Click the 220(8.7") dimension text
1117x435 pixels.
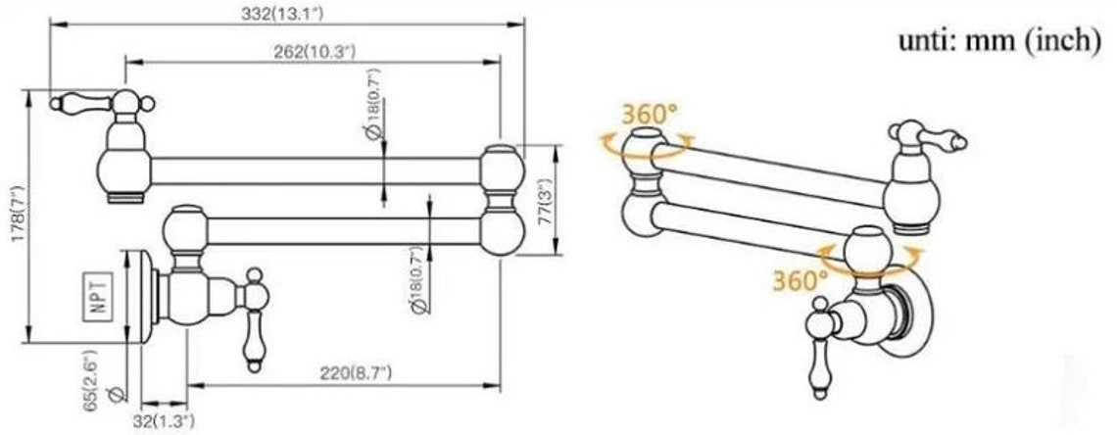pyautogui.click(x=356, y=373)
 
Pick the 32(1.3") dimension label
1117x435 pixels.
pyautogui.click(x=163, y=421)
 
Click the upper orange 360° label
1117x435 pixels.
pyautogui.click(x=649, y=114)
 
